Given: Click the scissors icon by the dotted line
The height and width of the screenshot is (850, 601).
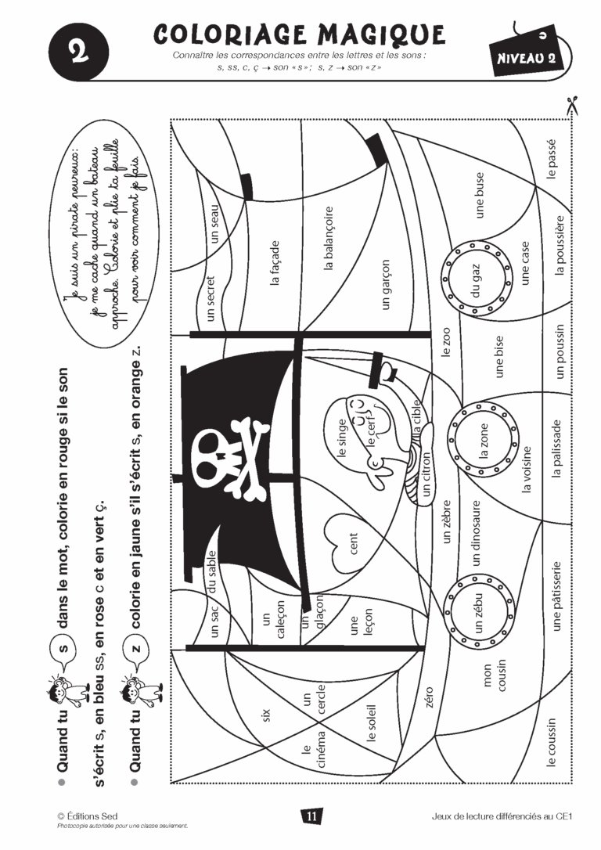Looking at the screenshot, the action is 572,105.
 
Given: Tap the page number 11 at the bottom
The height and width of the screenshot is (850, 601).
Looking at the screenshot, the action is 311,816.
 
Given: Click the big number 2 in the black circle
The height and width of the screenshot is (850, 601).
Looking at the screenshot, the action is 79,52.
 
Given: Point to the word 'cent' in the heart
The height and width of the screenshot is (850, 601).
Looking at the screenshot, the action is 354,543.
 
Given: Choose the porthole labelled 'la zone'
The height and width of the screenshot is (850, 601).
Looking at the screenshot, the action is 483,440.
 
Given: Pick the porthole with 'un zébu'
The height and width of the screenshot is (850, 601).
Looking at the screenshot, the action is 478,611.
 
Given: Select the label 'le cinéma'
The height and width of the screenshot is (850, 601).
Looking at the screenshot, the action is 313,749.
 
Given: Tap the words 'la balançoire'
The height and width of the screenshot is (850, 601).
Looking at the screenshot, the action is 329,239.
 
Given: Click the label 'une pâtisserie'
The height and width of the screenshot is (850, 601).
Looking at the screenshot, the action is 556,596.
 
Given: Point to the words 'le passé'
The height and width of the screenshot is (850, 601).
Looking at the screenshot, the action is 552,159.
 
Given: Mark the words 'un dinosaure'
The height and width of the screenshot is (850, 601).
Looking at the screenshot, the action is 476,534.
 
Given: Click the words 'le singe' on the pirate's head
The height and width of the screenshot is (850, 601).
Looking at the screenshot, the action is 341,438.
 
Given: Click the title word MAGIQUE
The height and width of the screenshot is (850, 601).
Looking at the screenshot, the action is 382,34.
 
